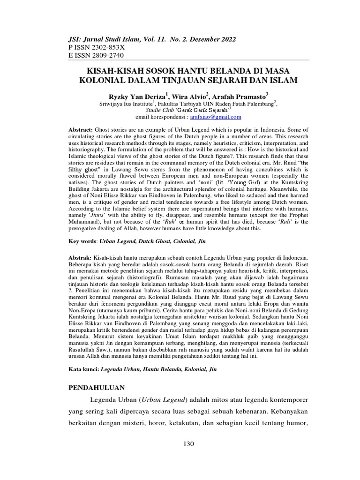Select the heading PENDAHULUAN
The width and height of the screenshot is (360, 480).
97,388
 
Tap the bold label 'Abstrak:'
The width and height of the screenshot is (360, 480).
80,258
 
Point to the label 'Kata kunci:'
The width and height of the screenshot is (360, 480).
82,369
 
